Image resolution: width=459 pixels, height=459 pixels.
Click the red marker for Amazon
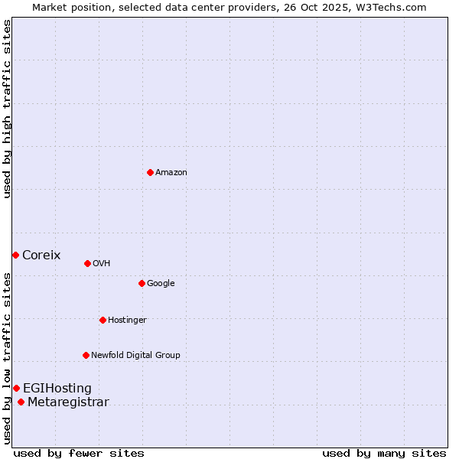tap(150, 172)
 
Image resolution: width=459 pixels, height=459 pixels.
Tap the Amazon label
tap(171, 173)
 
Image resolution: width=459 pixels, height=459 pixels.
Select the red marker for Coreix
tap(15, 255)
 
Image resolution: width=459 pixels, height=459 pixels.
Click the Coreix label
tap(41, 256)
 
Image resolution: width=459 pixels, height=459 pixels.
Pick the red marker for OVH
tap(87, 263)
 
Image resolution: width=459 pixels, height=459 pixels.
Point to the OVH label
tap(102, 264)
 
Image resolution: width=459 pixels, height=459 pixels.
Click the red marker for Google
tap(142, 283)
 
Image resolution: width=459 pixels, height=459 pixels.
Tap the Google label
tap(161, 284)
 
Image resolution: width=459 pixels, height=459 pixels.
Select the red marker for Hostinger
tap(103, 320)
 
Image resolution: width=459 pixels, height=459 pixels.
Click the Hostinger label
tap(127, 321)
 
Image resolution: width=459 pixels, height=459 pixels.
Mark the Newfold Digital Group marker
tap(86, 355)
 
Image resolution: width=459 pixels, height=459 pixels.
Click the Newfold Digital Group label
tap(135, 356)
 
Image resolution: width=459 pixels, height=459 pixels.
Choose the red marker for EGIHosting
tap(16, 388)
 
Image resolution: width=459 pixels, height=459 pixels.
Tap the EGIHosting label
tap(57, 389)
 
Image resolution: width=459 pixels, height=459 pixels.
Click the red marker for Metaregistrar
tap(21, 402)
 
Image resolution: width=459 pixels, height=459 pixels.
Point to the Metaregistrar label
tap(68, 402)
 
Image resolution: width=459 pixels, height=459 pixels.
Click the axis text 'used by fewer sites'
tap(79, 454)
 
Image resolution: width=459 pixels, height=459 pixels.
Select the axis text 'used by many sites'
tap(384, 454)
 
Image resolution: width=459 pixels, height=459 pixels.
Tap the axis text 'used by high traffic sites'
tap(7, 109)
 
